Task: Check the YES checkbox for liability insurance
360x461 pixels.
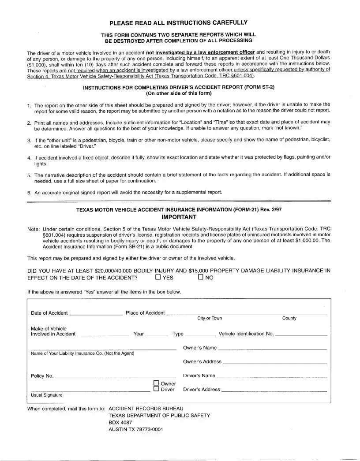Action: pos(158,278)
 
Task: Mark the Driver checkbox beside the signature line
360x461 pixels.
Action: pos(156,389)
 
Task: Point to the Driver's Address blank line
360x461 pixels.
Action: pos(274,391)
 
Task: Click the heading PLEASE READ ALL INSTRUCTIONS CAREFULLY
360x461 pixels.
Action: pos(178,22)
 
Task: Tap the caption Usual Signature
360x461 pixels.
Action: pos(46,395)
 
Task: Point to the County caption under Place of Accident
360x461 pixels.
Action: pos(289,318)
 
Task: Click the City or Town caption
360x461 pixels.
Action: pos(210,318)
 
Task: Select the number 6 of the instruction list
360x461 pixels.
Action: pos(29,193)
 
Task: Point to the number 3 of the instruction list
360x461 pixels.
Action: pos(29,140)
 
